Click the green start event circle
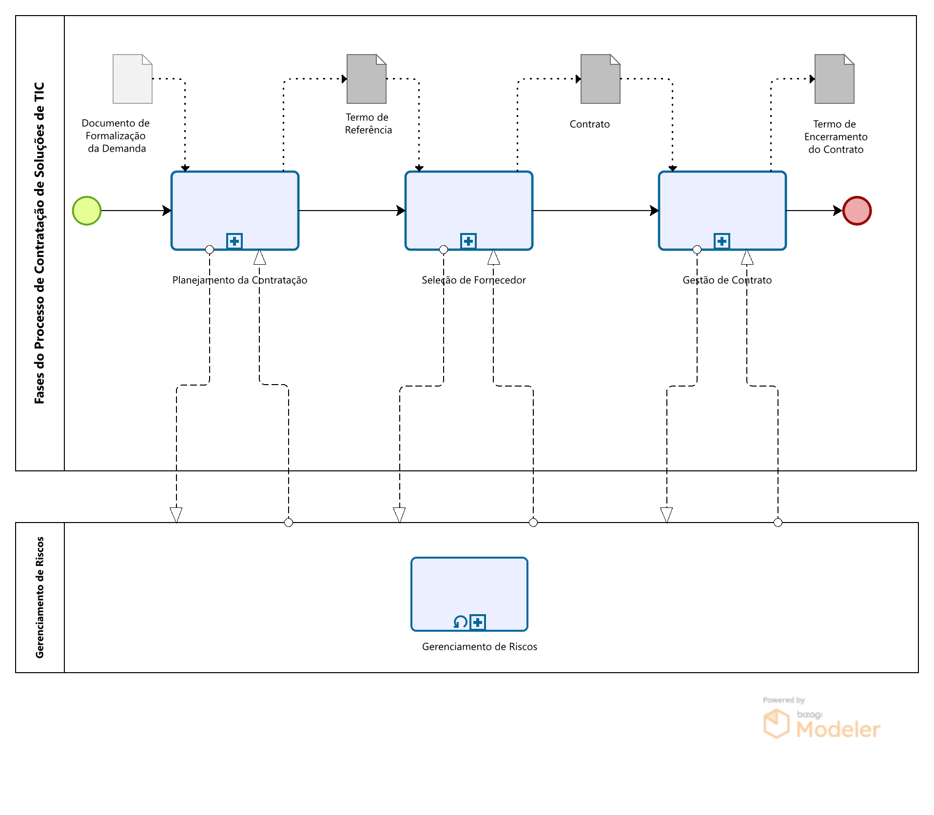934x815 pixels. [x=87, y=211]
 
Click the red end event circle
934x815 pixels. [x=856, y=211]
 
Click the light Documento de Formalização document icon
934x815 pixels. [x=132, y=79]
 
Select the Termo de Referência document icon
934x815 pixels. [x=366, y=79]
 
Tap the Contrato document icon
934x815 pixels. [x=600, y=79]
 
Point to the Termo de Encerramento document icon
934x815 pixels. [x=834, y=79]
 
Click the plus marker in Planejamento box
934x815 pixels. [x=234, y=241]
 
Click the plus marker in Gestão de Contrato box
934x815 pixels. [x=722, y=241]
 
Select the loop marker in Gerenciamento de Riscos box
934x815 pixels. [x=460, y=622]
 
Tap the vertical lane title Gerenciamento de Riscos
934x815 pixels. [x=40, y=597]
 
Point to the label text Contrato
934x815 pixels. [x=589, y=124]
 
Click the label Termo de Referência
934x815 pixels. [x=368, y=123]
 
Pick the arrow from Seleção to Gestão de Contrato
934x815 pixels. [x=595, y=211]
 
